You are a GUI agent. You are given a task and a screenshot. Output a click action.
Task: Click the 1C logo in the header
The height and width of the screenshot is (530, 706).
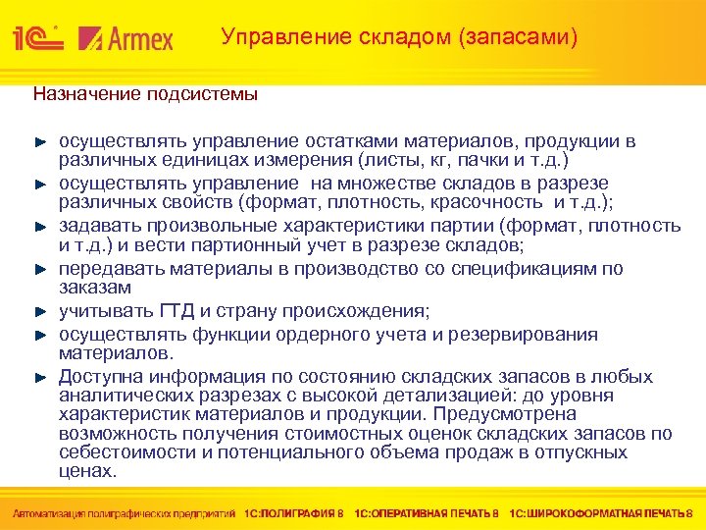(x=38, y=38)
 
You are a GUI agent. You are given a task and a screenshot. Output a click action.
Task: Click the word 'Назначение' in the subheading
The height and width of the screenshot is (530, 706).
(x=86, y=94)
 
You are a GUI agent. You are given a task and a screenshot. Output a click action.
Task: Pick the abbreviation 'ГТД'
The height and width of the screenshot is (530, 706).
(x=180, y=312)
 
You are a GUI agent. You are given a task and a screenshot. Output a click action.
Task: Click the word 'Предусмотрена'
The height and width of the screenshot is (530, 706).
(x=554, y=413)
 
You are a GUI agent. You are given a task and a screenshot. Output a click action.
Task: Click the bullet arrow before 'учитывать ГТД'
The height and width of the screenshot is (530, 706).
(x=40, y=312)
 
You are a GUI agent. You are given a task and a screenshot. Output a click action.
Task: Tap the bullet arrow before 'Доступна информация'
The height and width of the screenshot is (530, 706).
(x=40, y=377)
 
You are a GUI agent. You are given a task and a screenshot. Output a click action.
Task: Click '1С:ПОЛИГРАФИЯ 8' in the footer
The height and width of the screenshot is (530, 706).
(x=295, y=512)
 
